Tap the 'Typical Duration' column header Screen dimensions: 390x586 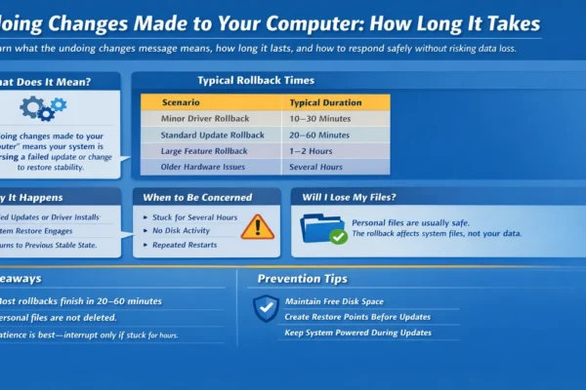tap(325, 101)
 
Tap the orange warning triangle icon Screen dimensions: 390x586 tap(258, 226)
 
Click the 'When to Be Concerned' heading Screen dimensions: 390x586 tap(197, 197)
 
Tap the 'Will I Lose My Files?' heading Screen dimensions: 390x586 tap(356, 197)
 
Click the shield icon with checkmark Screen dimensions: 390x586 tap(266, 308)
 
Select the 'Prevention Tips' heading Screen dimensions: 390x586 tap(303, 279)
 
